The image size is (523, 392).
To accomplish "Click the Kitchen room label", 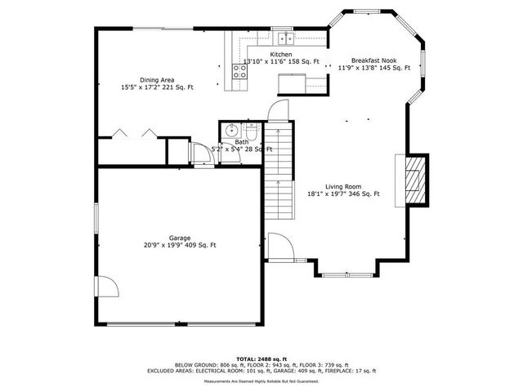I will click(x=258, y=55).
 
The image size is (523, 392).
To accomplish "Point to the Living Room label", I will click(x=343, y=186).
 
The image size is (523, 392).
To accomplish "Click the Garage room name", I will click(x=180, y=238).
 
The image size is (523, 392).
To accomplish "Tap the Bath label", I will click(x=242, y=142).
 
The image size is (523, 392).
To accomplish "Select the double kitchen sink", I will click(x=284, y=38).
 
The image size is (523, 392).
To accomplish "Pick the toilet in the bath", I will click(x=251, y=131).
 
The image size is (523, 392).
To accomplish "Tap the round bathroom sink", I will click(x=230, y=130).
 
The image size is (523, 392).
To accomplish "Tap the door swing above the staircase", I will click(x=280, y=112).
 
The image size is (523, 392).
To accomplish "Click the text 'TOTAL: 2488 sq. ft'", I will click(x=261, y=359).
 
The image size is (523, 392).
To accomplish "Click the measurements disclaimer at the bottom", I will click(x=261, y=381).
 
